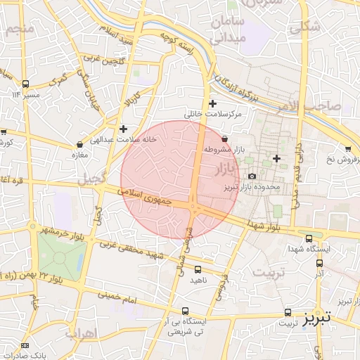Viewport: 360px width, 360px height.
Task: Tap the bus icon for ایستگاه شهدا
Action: (x=310, y=238)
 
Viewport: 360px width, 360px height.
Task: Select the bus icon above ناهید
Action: (x=198, y=269)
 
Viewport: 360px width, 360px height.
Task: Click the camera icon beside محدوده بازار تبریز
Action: (x=252, y=176)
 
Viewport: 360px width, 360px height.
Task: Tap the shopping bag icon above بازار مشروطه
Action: (x=224, y=139)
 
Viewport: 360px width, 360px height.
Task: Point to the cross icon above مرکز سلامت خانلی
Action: (x=213, y=104)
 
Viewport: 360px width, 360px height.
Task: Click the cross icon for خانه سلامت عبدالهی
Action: (x=124, y=129)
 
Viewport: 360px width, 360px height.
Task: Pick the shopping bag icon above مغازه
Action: (x=79, y=144)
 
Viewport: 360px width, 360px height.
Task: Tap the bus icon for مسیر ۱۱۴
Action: (x=26, y=83)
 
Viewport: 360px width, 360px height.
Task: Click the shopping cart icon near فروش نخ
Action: (x=348, y=148)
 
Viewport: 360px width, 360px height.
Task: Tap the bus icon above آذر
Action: (x=320, y=263)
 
